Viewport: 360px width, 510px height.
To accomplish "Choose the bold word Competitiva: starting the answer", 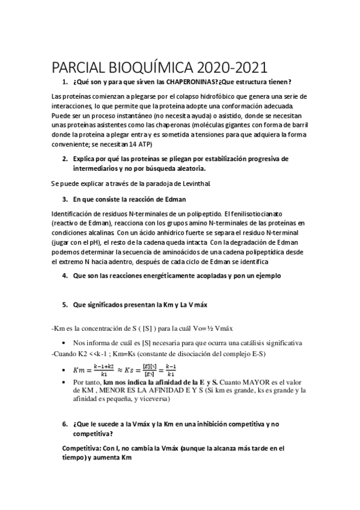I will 83,448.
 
